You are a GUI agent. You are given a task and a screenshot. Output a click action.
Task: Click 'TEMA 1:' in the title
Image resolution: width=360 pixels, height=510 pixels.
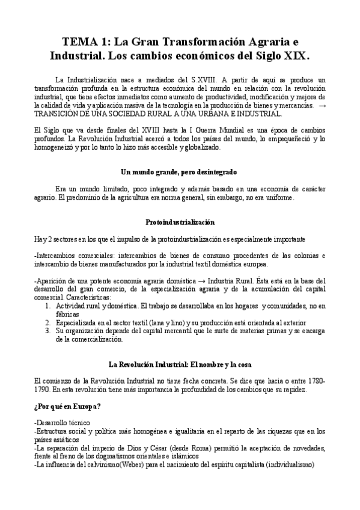coord(86,42)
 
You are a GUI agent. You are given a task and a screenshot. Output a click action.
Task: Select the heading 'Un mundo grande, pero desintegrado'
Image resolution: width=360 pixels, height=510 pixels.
coord(180,171)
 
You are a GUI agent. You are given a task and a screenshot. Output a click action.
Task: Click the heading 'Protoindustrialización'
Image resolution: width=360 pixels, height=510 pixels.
coord(180,221)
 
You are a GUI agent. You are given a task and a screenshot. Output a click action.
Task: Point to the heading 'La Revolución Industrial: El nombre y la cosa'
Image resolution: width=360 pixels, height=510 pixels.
coord(180,364)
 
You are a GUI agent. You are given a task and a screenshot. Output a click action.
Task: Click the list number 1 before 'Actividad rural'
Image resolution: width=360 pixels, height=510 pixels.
coord(49,306)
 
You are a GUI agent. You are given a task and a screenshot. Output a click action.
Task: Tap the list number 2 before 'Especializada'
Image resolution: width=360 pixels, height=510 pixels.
coord(49,322)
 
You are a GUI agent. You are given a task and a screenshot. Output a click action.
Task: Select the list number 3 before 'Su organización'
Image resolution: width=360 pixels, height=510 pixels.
coord(49,331)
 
